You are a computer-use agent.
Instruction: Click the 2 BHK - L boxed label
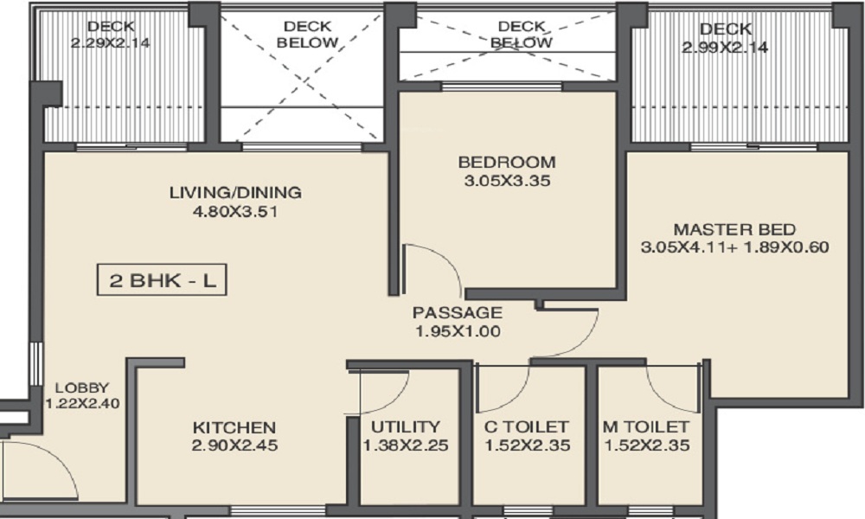(x=162, y=282)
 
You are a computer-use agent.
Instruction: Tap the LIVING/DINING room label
(x=235, y=192)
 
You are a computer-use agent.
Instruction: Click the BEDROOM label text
(x=507, y=162)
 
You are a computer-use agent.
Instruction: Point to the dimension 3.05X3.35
(x=507, y=182)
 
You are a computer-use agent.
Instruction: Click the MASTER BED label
(x=734, y=229)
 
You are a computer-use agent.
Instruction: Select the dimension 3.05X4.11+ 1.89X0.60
(x=734, y=247)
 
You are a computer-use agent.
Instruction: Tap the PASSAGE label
(x=456, y=312)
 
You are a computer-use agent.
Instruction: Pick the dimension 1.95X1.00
(x=456, y=331)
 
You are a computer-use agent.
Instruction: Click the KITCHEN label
(x=234, y=427)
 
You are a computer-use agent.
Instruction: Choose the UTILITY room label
(x=406, y=427)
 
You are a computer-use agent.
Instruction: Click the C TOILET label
(x=527, y=427)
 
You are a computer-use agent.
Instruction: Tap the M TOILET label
(x=646, y=427)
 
